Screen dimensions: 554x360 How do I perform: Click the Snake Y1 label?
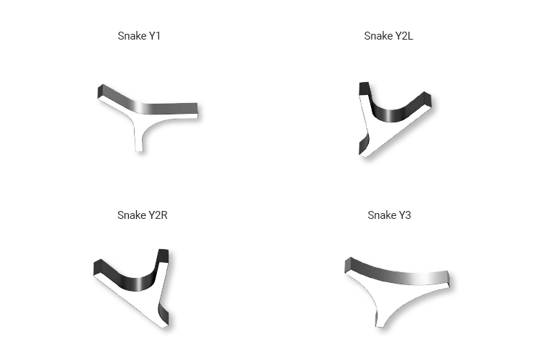click(x=139, y=36)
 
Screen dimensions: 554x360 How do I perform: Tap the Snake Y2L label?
click(x=388, y=36)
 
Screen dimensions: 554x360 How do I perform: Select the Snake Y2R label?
click(x=142, y=215)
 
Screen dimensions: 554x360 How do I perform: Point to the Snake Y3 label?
click(x=389, y=215)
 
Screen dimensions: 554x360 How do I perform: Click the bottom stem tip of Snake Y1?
click(x=139, y=150)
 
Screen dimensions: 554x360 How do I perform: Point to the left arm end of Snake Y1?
click(x=100, y=92)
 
